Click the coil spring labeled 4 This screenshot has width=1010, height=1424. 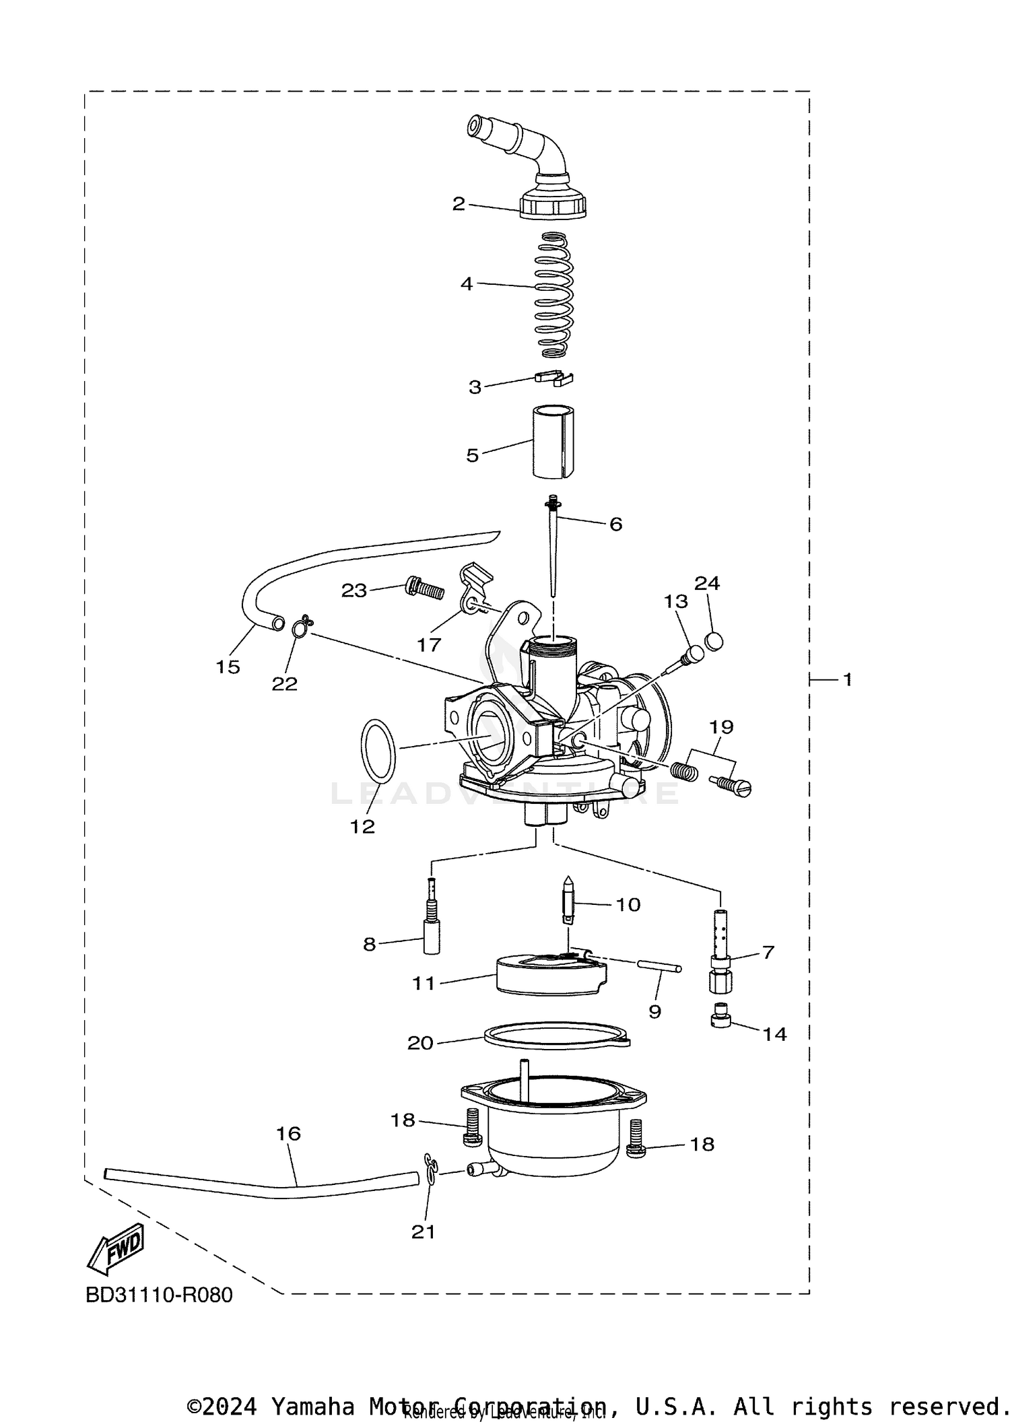coord(553,294)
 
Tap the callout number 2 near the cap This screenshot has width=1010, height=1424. coord(459,204)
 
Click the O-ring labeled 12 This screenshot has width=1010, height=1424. coord(378,751)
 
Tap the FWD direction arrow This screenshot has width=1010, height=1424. coord(116,1248)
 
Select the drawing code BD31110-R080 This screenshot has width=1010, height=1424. coord(159,1295)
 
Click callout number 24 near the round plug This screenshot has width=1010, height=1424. coord(707,583)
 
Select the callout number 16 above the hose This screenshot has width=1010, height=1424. coord(288,1133)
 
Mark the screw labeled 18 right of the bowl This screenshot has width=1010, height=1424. coord(635,1141)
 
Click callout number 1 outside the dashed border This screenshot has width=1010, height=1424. coord(847,679)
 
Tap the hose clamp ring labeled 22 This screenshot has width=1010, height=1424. coord(301,627)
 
